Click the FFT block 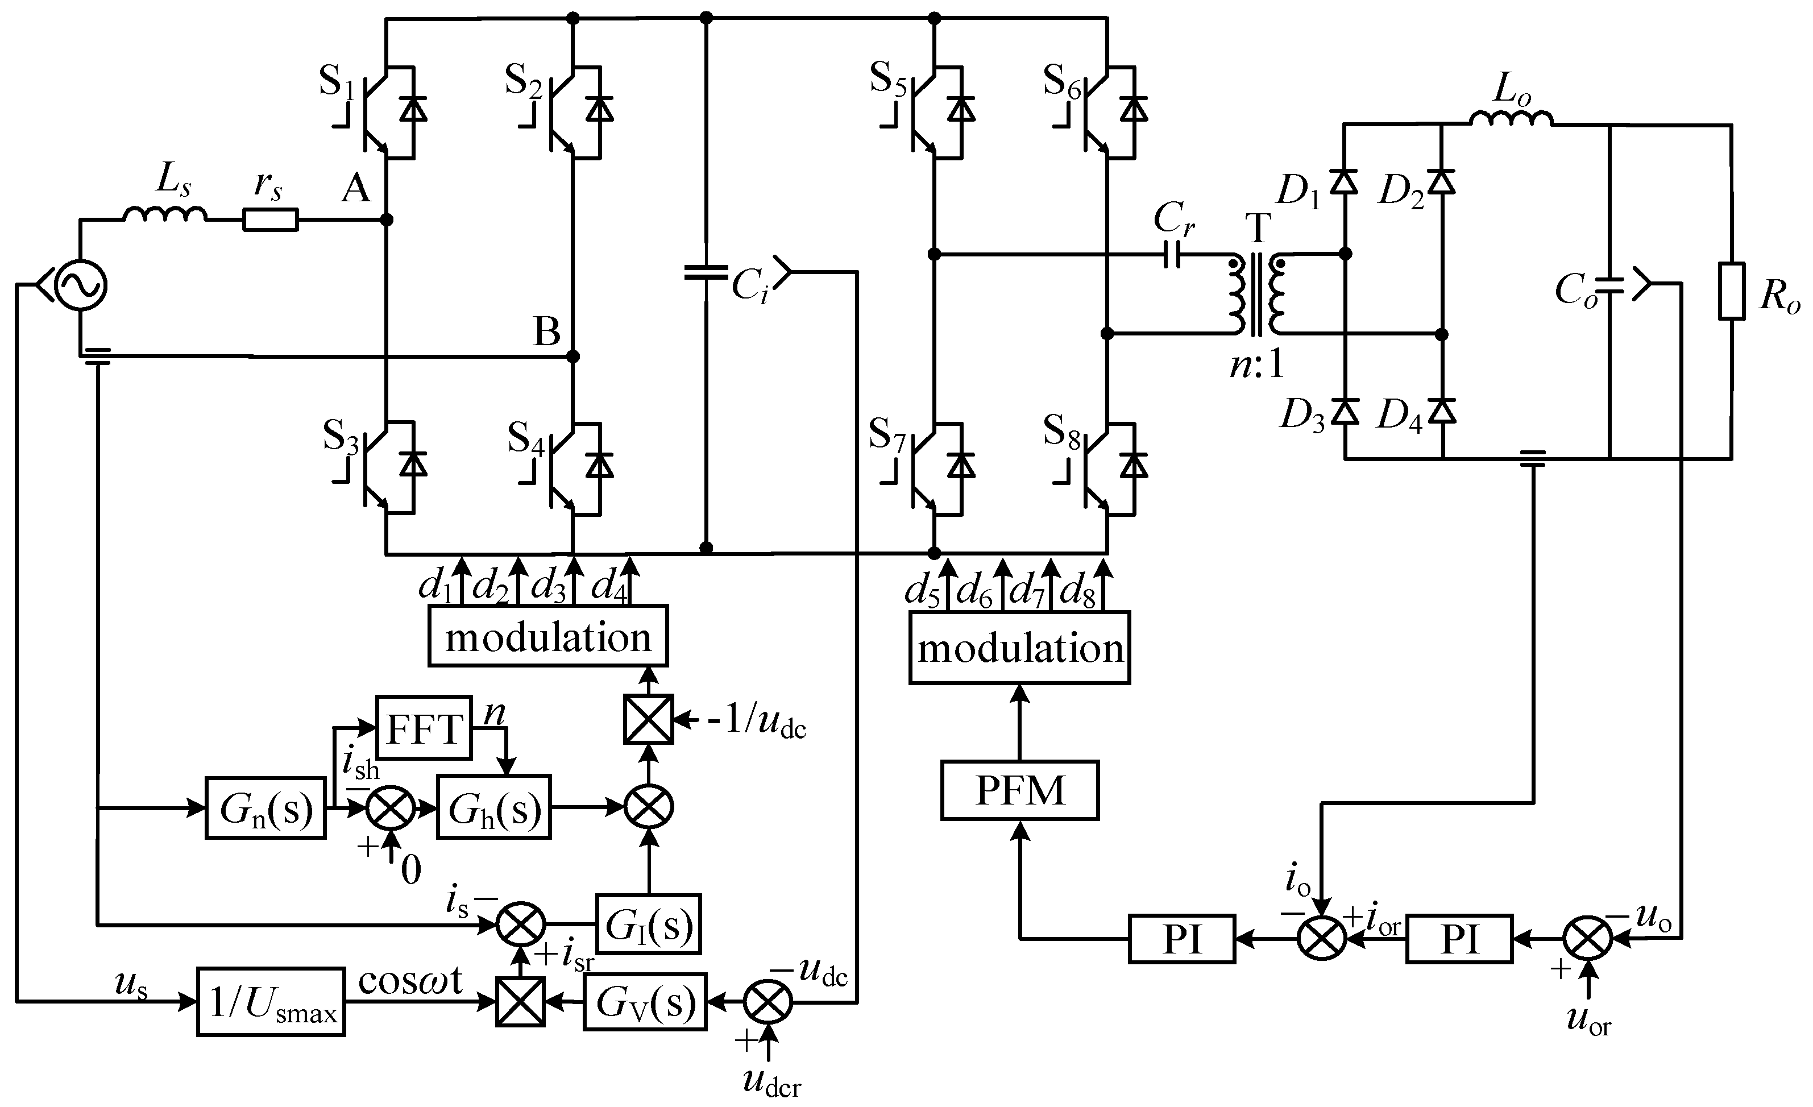[x=423, y=727]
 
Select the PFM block [x=1019, y=790]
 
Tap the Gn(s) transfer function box [x=265, y=808]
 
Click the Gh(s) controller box [x=493, y=808]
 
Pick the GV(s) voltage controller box [x=645, y=1002]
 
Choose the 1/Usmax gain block [x=271, y=1002]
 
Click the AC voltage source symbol [x=80, y=285]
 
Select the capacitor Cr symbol [x=1175, y=255]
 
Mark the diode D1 [x=1345, y=181]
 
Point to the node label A [x=356, y=189]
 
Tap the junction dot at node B [x=574, y=357]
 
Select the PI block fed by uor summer [x=1459, y=939]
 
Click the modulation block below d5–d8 [x=1019, y=648]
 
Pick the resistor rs [x=270, y=220]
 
